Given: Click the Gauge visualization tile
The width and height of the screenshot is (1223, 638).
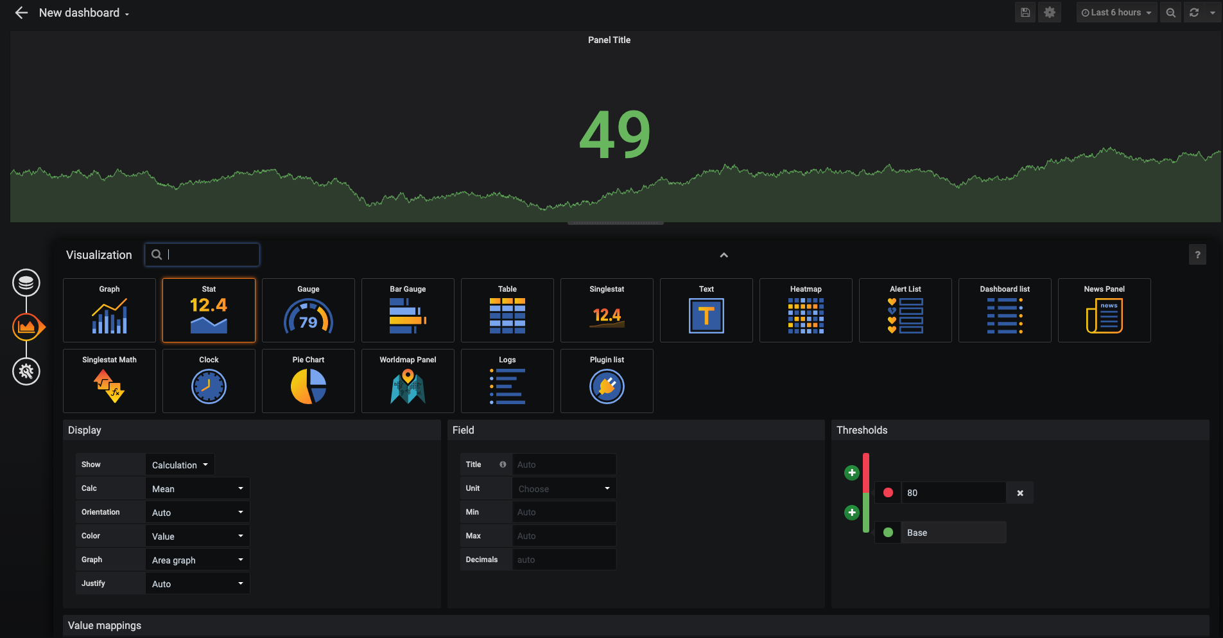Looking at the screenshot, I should point(308,310).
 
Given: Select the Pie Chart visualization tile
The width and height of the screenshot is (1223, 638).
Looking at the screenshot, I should point(308,381).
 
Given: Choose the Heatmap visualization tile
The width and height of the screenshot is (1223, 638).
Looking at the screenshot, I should point(806,310).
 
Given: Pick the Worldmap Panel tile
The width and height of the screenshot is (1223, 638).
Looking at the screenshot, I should point(408,381).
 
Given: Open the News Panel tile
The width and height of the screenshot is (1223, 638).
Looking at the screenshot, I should point(1104,310).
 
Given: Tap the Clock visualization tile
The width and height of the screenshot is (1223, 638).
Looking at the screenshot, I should point(209,381).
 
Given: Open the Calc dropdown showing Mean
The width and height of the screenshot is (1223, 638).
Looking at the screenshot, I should point(197,488).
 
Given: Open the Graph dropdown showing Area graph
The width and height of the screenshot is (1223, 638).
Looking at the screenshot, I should point(197,560).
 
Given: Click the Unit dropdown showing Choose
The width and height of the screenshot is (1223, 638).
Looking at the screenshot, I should point(564,488).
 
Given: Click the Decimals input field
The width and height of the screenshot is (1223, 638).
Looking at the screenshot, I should point(564,560).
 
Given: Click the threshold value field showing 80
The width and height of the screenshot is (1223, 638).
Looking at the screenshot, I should point(953,493).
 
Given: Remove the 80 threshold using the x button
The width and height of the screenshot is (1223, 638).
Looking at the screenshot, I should point(1020,493).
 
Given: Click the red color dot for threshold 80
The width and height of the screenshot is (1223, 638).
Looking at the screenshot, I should point(888,493).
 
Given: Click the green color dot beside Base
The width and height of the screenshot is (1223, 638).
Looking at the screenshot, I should point(888,533).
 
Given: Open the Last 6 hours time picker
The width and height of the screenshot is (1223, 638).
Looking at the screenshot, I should point(1116,12).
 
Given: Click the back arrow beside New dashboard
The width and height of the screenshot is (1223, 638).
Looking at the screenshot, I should point(21,13).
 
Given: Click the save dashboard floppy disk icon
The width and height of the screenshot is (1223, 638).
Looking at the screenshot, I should point(1025,12).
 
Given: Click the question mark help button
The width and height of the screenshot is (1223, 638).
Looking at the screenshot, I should point(1197,255).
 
